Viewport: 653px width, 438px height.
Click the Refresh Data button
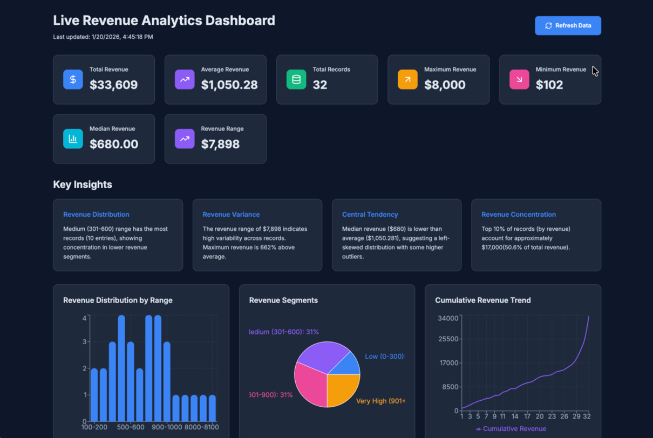point(568,25)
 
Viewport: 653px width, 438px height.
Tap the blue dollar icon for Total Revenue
point(73,79)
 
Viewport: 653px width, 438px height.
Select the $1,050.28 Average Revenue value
point(229,85)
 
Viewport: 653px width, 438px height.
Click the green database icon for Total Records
point(296,79)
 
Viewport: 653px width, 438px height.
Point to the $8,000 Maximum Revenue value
point(445,85)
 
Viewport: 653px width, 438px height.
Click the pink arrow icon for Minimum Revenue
point(519,79)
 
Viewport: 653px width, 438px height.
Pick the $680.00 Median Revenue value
point(114,144)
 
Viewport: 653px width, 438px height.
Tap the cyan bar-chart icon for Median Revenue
point(73,139)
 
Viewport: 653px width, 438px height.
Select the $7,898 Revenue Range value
point(220,144)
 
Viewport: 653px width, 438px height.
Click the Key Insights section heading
point(83,184)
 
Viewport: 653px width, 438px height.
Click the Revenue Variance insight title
point(231,214)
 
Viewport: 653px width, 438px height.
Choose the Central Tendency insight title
point(370,214)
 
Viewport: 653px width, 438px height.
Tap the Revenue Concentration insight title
point(519,214)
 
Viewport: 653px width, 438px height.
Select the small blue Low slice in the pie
point(348,364)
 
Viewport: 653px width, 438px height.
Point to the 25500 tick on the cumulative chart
point(448,339)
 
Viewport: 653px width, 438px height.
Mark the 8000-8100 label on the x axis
point(201,427)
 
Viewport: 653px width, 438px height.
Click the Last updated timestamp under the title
point(103,37)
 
